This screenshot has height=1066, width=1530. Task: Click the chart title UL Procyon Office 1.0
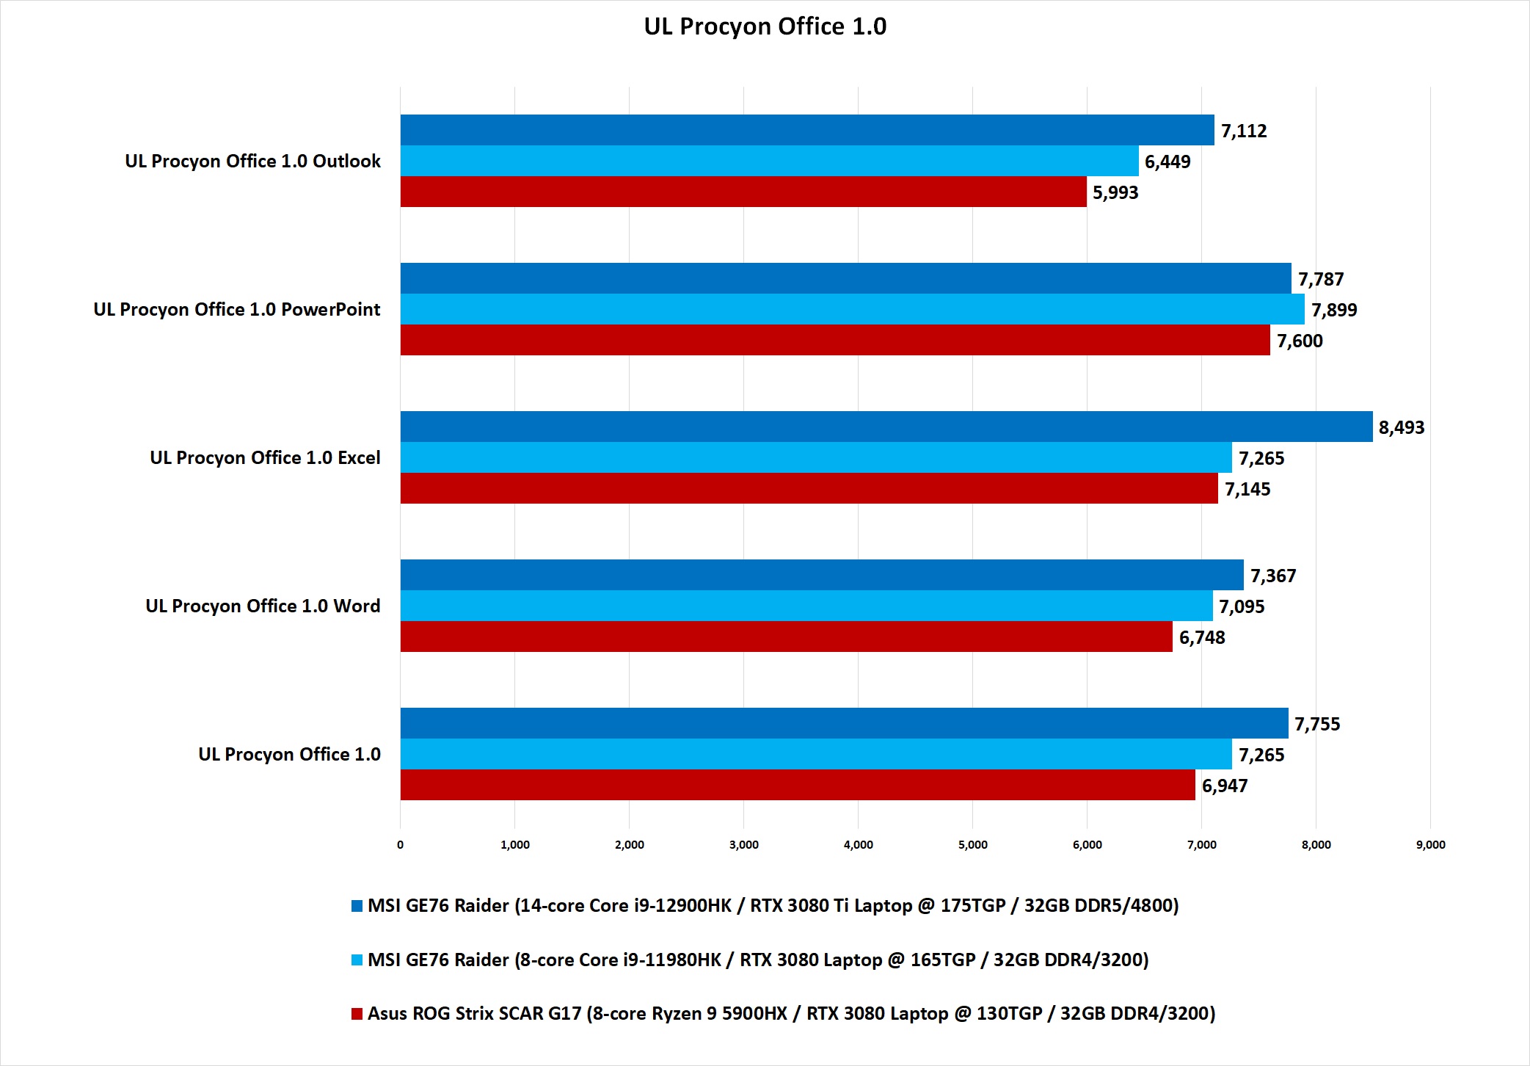(x=765, y=26)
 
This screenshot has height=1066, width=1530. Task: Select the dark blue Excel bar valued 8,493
(x=886, y=427)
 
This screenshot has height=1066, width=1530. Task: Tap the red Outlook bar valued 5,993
(x=743, y=192)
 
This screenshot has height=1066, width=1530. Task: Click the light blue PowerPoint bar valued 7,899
(x=852, y=309)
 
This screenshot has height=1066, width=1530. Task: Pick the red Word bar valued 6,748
(x=786, y=637)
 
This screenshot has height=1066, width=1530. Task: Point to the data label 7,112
(x=1244, y=131)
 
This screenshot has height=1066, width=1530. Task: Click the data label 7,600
(x=1300, y=341)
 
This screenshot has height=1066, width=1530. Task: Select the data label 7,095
(x=1242, y=606)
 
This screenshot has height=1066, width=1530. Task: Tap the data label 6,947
(x=1225, y=786)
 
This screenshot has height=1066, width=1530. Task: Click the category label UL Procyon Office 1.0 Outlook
(x=252, y=161)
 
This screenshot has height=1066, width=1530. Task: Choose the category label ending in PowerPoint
(x=236, y=309)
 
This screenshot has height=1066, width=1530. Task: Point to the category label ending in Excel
(x=265, y=457)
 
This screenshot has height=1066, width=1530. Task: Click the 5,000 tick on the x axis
(x=972, y=844)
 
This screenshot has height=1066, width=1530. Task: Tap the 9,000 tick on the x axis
(x=1430, y=844)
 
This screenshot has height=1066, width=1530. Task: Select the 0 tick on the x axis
(x=400, y=844)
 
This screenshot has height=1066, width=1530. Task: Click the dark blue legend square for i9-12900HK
(x=357, y=906)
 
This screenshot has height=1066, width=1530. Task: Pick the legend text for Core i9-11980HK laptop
(x=757, y=960)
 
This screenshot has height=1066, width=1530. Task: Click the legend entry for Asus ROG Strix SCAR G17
(x=791, y=1013)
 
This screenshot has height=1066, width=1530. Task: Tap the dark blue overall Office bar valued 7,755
(x=844, y=723)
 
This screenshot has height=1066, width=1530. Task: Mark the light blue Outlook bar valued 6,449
(x=769, y=161)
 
